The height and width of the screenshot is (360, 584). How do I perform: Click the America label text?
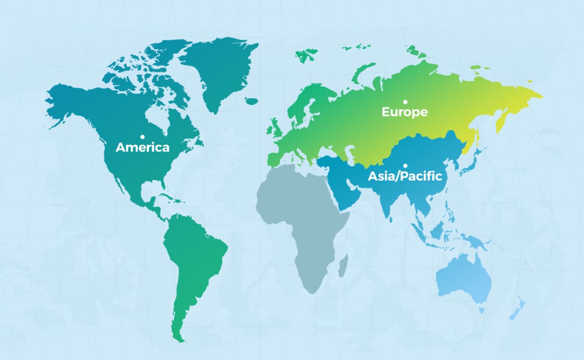(x=143, y=147)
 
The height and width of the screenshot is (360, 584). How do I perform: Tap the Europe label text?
(x=404, y=112)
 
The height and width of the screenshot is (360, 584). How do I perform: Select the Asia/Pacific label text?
(x=404, y=176)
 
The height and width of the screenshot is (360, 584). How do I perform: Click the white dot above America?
(x=143, y=137)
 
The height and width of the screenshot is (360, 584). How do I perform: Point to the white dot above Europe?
(x=405, y=101)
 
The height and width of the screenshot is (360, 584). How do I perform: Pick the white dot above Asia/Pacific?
(x=405, y=166)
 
